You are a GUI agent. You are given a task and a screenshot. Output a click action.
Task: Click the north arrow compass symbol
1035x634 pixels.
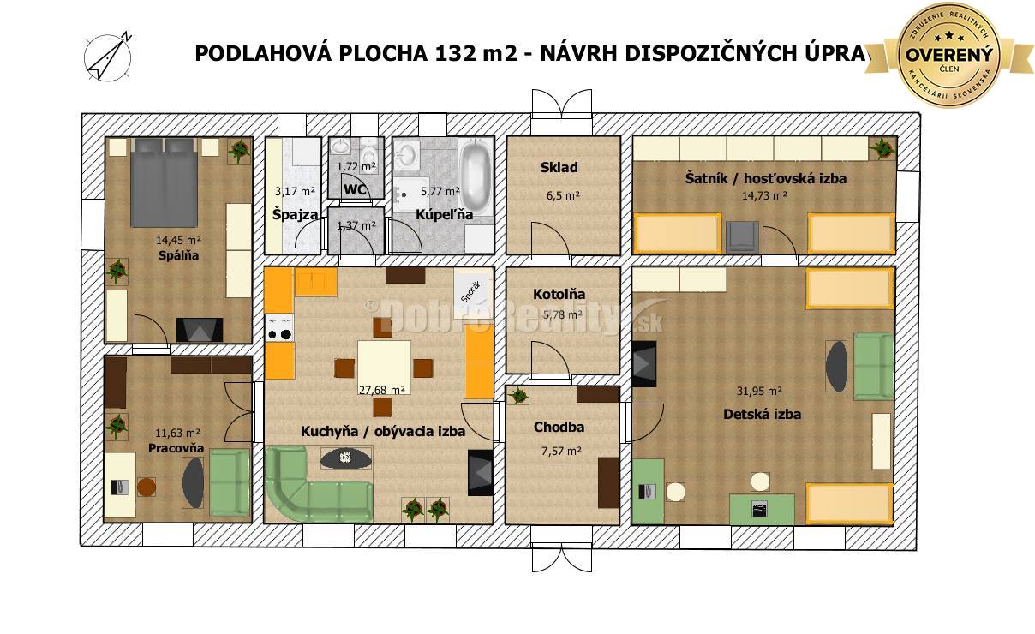pos(107,57)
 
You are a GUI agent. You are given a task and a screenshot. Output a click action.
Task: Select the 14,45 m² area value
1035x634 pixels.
pos(178,241)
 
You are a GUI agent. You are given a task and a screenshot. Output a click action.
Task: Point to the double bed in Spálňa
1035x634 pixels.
pos(165,183)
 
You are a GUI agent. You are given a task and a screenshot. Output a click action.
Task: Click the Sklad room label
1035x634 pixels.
pos(559,167)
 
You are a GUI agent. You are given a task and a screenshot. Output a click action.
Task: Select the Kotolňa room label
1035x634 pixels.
pos(559,294)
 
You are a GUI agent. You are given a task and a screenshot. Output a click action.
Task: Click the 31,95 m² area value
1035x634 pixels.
pos(759,391)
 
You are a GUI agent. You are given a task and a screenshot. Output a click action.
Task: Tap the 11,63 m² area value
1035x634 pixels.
pos(178,434)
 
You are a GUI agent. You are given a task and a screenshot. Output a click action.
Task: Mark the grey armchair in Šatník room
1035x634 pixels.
pos(742,236)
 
